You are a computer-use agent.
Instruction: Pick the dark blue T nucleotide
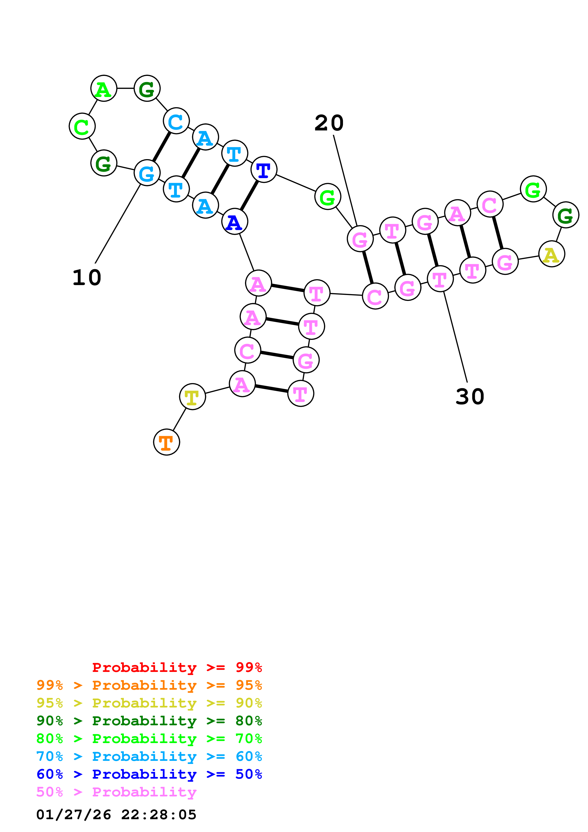tap(264, 170)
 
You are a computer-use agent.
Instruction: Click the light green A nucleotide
tap(104, 88)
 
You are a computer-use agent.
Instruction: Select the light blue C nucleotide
tap(176, 121)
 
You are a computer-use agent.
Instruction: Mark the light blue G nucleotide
tap(147, 173)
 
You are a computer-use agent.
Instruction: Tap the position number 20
tap(329, 123)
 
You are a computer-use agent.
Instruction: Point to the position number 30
tap(470, 396)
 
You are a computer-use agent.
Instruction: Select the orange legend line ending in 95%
tap(149, 685)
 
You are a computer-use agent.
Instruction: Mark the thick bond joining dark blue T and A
tap(249, 196)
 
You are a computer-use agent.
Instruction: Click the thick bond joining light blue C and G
tap(162, 147)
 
